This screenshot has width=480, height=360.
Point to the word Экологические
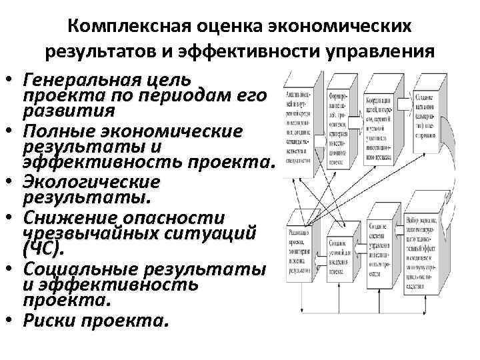[91, 182]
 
